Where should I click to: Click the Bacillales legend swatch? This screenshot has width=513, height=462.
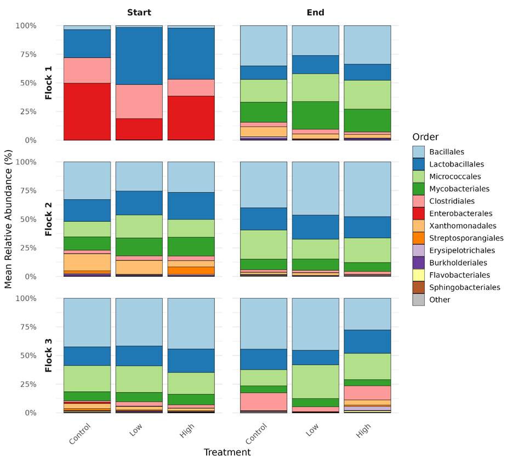click(418, 152)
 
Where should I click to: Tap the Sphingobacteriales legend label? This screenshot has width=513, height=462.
click(464, 287)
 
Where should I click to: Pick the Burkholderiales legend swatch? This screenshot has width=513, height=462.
click(418, 263)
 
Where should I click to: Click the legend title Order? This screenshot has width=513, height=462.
click(425, 137)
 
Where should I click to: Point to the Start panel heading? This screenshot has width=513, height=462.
click(139, 12)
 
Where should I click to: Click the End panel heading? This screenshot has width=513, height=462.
click(315, 12)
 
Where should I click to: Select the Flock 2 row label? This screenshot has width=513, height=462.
click(49, 219)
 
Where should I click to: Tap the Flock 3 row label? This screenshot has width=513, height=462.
click(49, 356)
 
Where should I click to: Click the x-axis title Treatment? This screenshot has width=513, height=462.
click(227, 452)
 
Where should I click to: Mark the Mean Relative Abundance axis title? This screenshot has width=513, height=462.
click(8, 219)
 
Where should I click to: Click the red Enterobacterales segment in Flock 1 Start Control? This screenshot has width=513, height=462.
click(87, 111)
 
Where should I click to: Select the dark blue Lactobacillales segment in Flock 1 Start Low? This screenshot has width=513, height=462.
click(139, 55)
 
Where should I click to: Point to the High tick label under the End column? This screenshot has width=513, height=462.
click(364, 431)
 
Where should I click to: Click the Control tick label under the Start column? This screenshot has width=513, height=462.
click(80, 434)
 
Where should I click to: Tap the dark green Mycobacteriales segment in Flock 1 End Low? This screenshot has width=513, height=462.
click(315, 115)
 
